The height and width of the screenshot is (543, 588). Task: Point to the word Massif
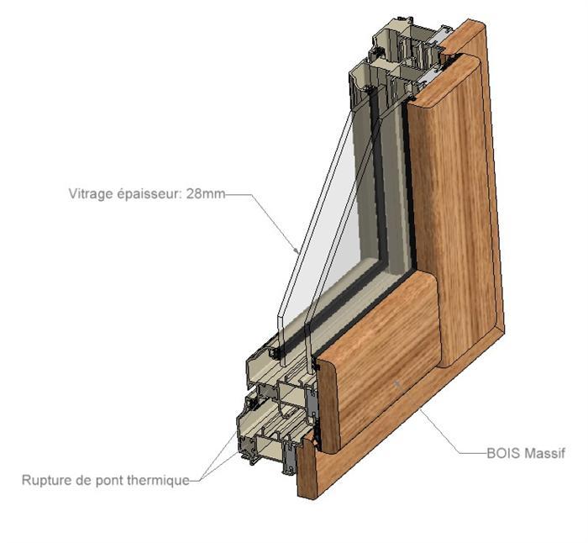544,453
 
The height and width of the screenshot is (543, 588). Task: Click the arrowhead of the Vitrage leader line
297,250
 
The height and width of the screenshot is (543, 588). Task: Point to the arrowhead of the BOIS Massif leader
397,382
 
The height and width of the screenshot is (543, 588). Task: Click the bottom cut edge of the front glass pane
283,361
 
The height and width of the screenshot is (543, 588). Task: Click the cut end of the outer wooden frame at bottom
307,469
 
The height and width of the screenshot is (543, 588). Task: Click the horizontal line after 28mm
238,194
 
